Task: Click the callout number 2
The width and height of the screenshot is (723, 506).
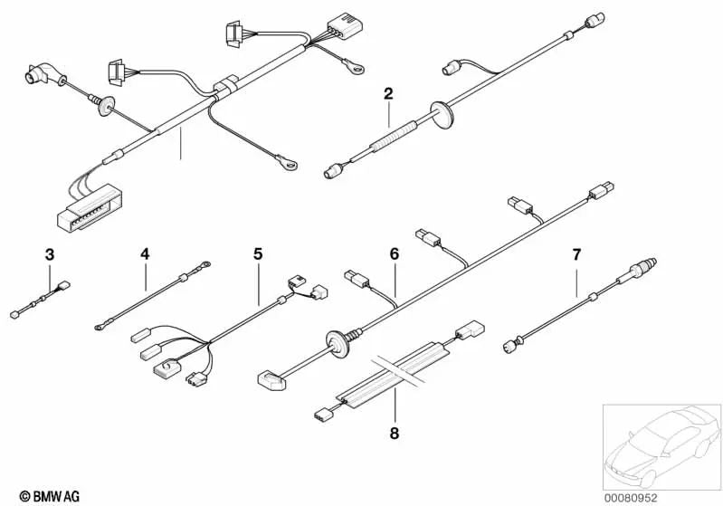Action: tap(388, 93)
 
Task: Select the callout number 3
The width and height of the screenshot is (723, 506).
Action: tap(50, 254)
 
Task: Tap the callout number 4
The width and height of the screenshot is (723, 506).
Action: tap(146, 253)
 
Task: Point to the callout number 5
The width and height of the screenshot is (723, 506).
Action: tap(258, 253)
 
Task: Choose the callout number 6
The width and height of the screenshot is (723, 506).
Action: tap(395, 253)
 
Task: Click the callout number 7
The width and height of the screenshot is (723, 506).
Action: tap(576, 254)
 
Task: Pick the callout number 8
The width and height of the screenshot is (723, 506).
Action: tap(395, 434)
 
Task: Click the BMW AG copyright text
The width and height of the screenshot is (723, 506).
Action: tap(50, 496)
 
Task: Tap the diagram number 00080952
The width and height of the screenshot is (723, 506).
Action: tap(631, 498)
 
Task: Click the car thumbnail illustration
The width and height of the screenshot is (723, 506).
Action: tap(662, 446)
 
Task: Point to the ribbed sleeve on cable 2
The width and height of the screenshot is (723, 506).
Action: tap(394, 136)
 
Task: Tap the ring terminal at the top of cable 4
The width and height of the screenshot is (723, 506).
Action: tap(204, 264)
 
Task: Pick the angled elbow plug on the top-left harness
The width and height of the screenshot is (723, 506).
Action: tap(43, 75)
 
